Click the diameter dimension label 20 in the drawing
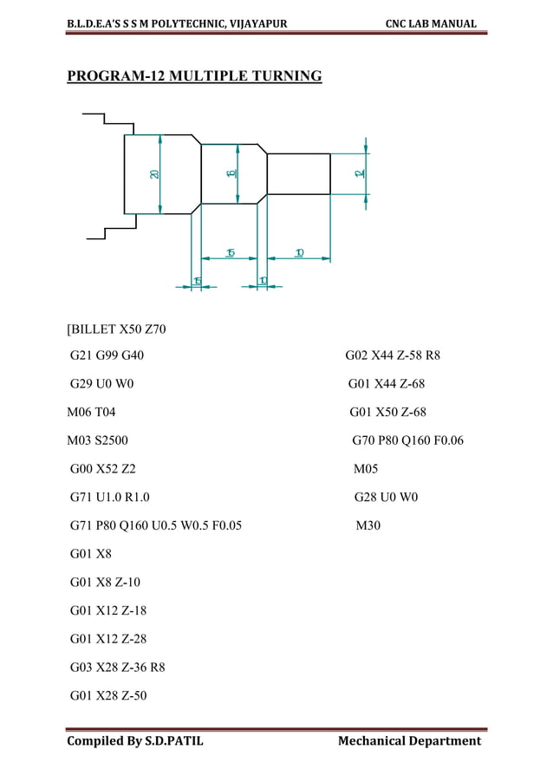(x=154, y=173)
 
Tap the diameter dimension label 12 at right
(x=359, y=173)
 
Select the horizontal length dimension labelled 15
(x=230, y=252)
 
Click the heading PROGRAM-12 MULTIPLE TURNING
(x=194, y=77)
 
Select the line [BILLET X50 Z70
(x=116, y=329)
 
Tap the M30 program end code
(x=368, y=525)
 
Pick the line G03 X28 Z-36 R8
(x=118, y=668)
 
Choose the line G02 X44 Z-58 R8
(x=393, y=355)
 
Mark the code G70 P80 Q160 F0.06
(x=407, y=440)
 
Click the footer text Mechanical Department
(x=409, y=740)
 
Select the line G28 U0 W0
(x=386, y=498)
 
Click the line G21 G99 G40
(x=107, y=355)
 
